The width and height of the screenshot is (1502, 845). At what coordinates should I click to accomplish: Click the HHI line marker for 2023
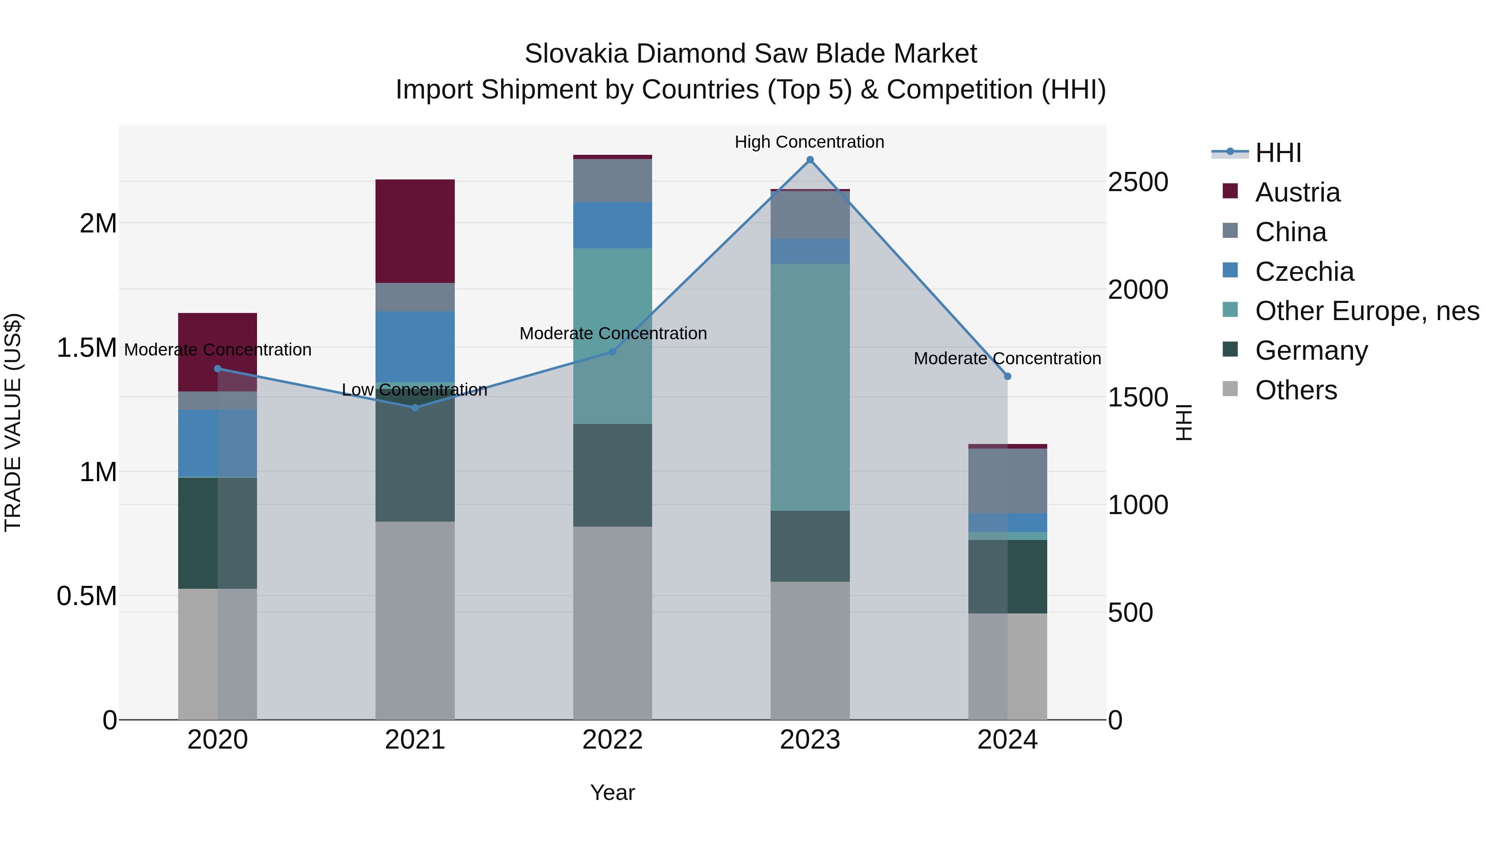coord(810,160)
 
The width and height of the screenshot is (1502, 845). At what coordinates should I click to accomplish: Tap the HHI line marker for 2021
coord(415,408)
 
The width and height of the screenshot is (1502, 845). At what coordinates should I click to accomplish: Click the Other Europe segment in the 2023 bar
coord(810,387)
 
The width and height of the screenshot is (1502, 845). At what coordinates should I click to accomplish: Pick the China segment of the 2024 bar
coord(1008,481)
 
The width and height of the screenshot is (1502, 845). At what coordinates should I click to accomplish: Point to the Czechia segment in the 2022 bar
coord(612,225)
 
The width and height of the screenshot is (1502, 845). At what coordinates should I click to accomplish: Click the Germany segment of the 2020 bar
coord(217,532)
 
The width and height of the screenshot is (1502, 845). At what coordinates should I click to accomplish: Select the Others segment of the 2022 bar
coord(612,623)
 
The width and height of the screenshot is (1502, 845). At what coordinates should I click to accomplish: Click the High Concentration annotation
coord(809,142)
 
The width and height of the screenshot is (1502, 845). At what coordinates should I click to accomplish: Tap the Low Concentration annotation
coord(415,390)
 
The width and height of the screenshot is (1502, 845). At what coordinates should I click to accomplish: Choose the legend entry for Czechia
coord(1304,272)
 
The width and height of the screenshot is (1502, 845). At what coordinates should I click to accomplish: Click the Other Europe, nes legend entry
coord(1367,311)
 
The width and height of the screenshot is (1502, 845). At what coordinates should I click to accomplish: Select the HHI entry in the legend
coord(1278,153)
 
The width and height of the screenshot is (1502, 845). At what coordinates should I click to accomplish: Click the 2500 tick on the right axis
coord(1138,182)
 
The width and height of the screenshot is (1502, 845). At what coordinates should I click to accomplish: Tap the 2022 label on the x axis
coord(612,740)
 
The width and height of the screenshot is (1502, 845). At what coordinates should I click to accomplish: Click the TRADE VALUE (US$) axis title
coord(13,422)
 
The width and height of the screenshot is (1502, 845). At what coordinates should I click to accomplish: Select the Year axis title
coord(612,792)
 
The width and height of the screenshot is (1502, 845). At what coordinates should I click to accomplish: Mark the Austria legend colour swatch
coord(1230,191)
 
